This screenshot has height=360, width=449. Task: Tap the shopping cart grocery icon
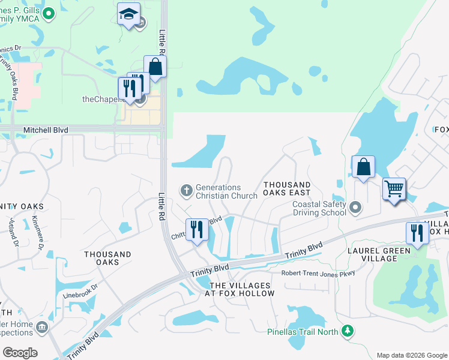point(394,190)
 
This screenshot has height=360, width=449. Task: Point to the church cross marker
point(186,191)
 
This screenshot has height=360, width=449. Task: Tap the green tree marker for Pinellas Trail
point(347,331)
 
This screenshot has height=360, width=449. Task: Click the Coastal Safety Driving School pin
point(355,208)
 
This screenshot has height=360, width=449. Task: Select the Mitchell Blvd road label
point(46,130)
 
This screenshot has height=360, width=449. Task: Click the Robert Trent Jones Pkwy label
point(319,273)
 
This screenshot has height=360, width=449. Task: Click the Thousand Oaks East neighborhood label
point(287,188)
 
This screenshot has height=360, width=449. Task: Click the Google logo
point(20,353)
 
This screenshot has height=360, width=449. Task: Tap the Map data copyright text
point(412,355)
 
